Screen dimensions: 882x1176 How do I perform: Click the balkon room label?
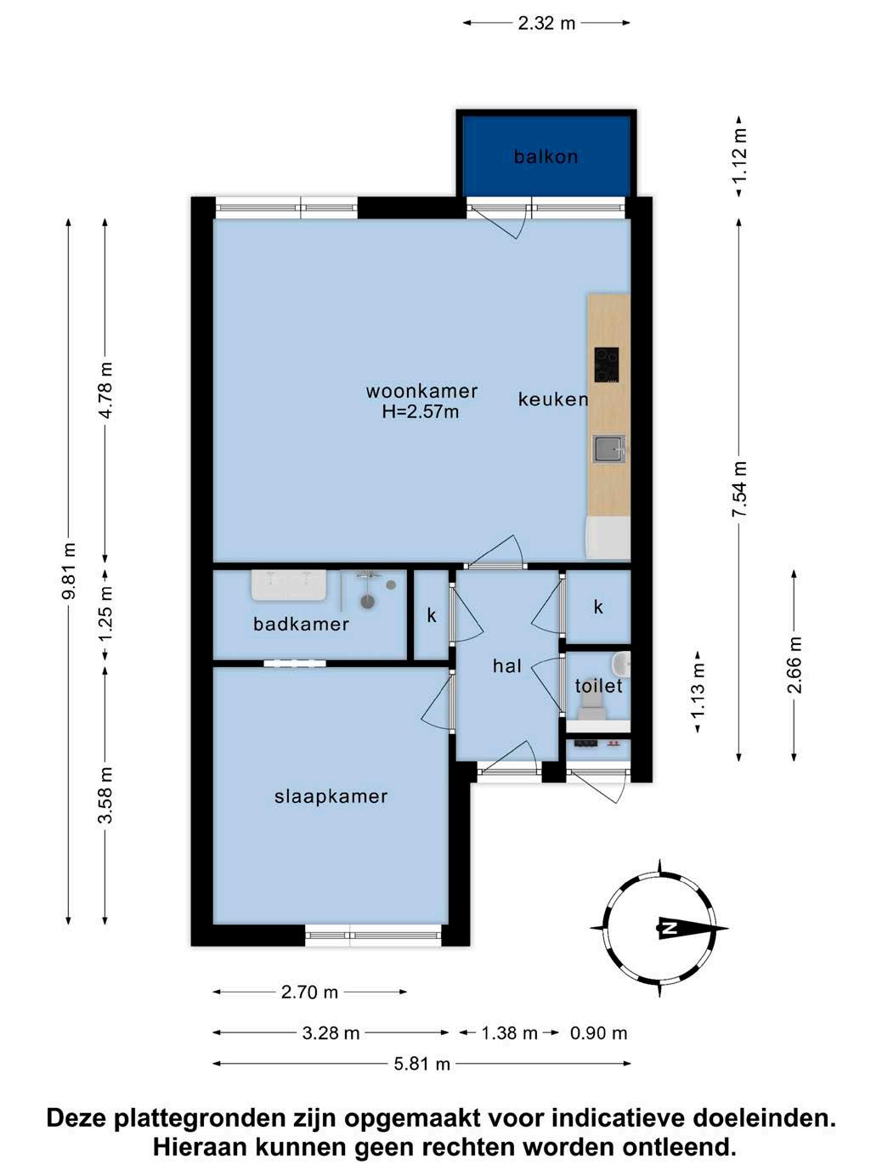coord(546,156)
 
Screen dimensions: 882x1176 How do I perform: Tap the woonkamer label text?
coord(422,391)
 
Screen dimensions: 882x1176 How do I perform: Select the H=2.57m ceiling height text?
coord(421,411)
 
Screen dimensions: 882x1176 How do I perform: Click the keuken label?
coord(552,399)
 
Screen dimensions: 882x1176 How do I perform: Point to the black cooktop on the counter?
coord(606,365)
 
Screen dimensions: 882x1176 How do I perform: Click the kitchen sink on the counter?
coord(609,449)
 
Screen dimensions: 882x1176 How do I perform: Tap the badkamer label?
coord(301,625)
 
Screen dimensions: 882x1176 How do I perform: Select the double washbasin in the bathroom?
coord(289,585)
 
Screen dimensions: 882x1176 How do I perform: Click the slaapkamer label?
coord(331,797)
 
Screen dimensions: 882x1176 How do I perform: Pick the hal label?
coord(507,666)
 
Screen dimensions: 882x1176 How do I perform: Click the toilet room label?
coord(599,687)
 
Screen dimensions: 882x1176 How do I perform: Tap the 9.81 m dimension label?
coord(69,571)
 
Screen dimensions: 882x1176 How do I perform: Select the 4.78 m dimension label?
coord(105,391)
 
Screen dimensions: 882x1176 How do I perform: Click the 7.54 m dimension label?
coord(739,489)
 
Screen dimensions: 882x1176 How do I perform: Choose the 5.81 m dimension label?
coord(422,1064)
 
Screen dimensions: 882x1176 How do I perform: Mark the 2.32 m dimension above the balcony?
coord(546,23)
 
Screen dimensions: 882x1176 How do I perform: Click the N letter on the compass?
coord(667,928)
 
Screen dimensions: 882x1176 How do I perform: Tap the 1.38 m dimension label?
coord(509,1033)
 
